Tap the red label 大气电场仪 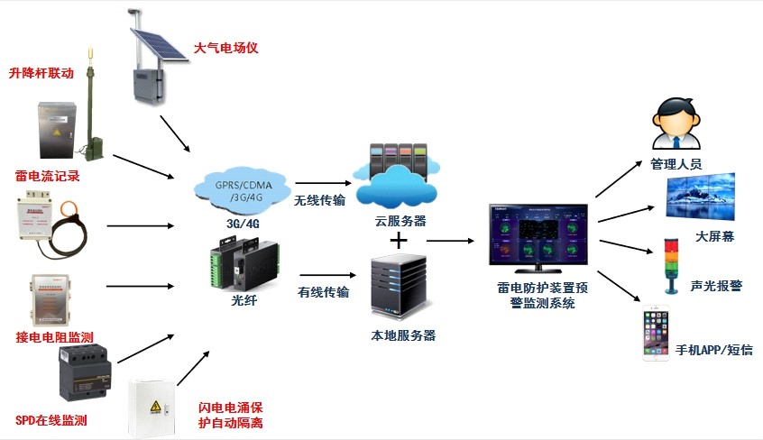pos(226,48)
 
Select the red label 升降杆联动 pos(41,73)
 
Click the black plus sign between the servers pos(399,242)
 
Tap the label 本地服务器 pos(403,335)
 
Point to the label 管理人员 pos(676,165)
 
